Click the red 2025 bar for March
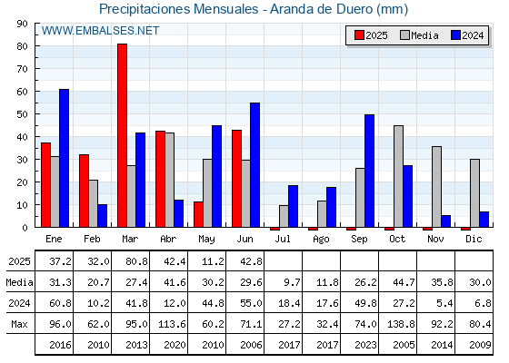click(x=122, y=135)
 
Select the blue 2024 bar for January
click(x=64, y=158)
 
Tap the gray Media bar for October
click(x=399, y=176)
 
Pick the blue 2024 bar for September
click(x=369, y=171)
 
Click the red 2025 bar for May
click(x=198, y=214)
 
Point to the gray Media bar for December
click(x=474, y=193)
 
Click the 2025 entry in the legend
click(x=371, y=35)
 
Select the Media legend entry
click(x=419, y=35)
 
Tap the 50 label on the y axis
click(x=23, y=114)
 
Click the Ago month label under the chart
click(x=321, y=240)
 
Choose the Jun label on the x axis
click(x=245, y=239)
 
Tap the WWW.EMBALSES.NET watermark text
click(x=100, y=31)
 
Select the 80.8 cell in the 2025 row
click(x=136, y=261)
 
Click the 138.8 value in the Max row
click(x=400, y=324)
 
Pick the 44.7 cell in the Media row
click(x=404, y=282)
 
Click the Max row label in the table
click(x=19, y=324)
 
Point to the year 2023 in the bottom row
click(x=365, y=345)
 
